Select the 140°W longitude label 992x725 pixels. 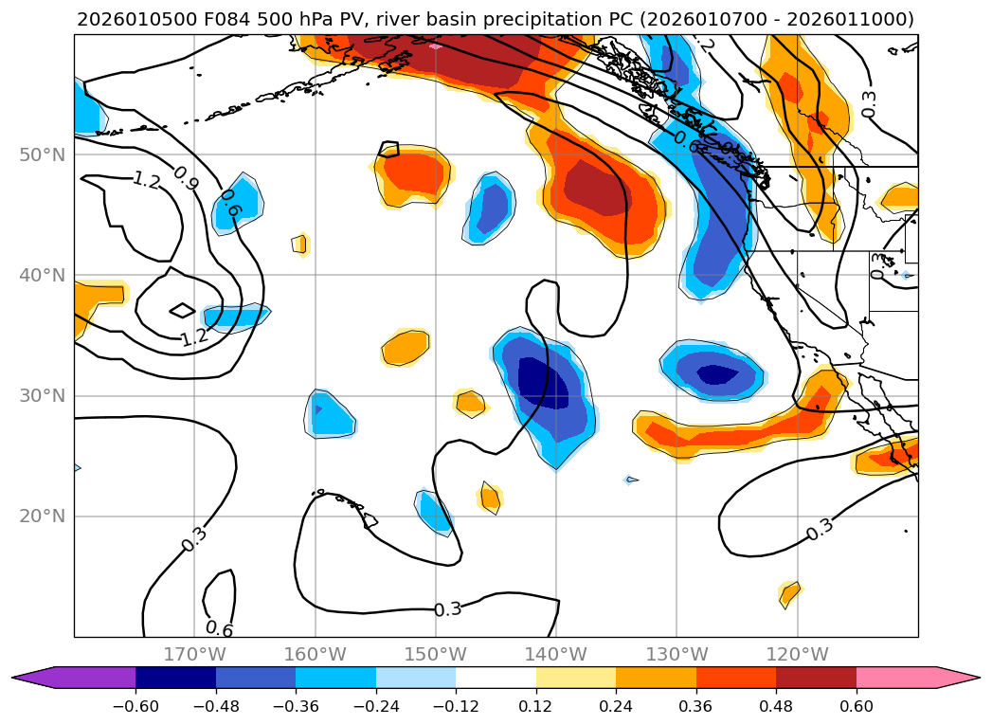tap(556, 654)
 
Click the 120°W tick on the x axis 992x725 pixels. tap(798, 654)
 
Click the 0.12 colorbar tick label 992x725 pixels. tap(536, 707)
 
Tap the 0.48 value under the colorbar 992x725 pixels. tap(776, 707)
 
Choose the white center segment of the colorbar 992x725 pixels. tap(496, 678)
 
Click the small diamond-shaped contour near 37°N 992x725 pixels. tap(182, 310)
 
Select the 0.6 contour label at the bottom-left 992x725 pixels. tap(219, 629)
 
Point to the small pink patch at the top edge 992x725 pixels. tap(435, 45)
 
